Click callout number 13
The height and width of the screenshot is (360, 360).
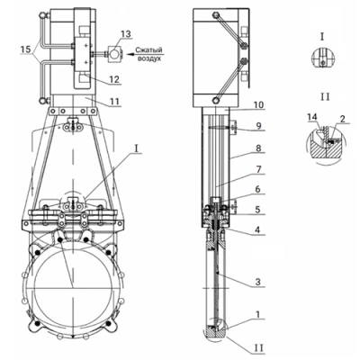click(126, 34)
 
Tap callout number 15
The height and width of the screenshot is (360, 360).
click(26, 49)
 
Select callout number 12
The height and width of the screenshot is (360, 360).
click(114, 79)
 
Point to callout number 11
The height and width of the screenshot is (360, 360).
click(115, 101)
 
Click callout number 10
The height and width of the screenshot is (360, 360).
click(258, 105)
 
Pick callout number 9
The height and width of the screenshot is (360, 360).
click(259, 125)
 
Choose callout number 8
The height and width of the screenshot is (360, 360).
click(259, 148)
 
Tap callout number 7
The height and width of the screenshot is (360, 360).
click(259, 169)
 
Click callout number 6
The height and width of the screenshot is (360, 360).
click(258, 190)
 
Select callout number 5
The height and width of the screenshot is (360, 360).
click(258, 209)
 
